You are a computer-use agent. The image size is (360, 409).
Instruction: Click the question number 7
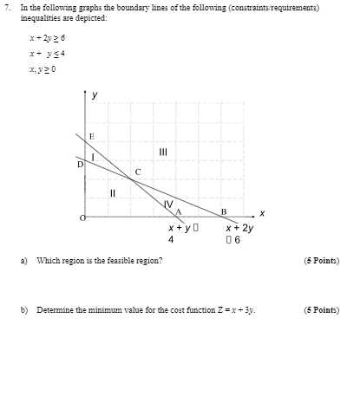click(x=7, y=7)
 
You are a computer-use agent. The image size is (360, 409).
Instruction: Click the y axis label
click(x=95, y=94)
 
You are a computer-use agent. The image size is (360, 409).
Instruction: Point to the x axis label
click(x=260, y=212)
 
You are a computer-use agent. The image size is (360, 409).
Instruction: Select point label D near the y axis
click(x=80, y=163)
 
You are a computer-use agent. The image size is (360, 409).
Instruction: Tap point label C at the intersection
click(x=136, y=172)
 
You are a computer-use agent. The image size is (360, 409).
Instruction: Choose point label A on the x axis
click(x=178, y=211)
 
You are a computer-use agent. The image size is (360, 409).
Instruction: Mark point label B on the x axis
click(x=223, y=211)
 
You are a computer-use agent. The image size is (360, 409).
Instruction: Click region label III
click(x=163, y=152)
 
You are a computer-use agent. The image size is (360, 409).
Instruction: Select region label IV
click(x=168, y=204)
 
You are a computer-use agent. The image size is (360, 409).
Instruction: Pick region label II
click(x=112, y=192)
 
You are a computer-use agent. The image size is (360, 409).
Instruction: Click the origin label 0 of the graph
click(x=83, y=217)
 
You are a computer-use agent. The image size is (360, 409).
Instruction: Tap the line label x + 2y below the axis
click(x=239, y=228)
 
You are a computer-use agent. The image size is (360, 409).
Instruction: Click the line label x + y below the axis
click(x=183, y=228)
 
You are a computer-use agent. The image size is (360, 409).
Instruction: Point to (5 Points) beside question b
click(x=321, y=309)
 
